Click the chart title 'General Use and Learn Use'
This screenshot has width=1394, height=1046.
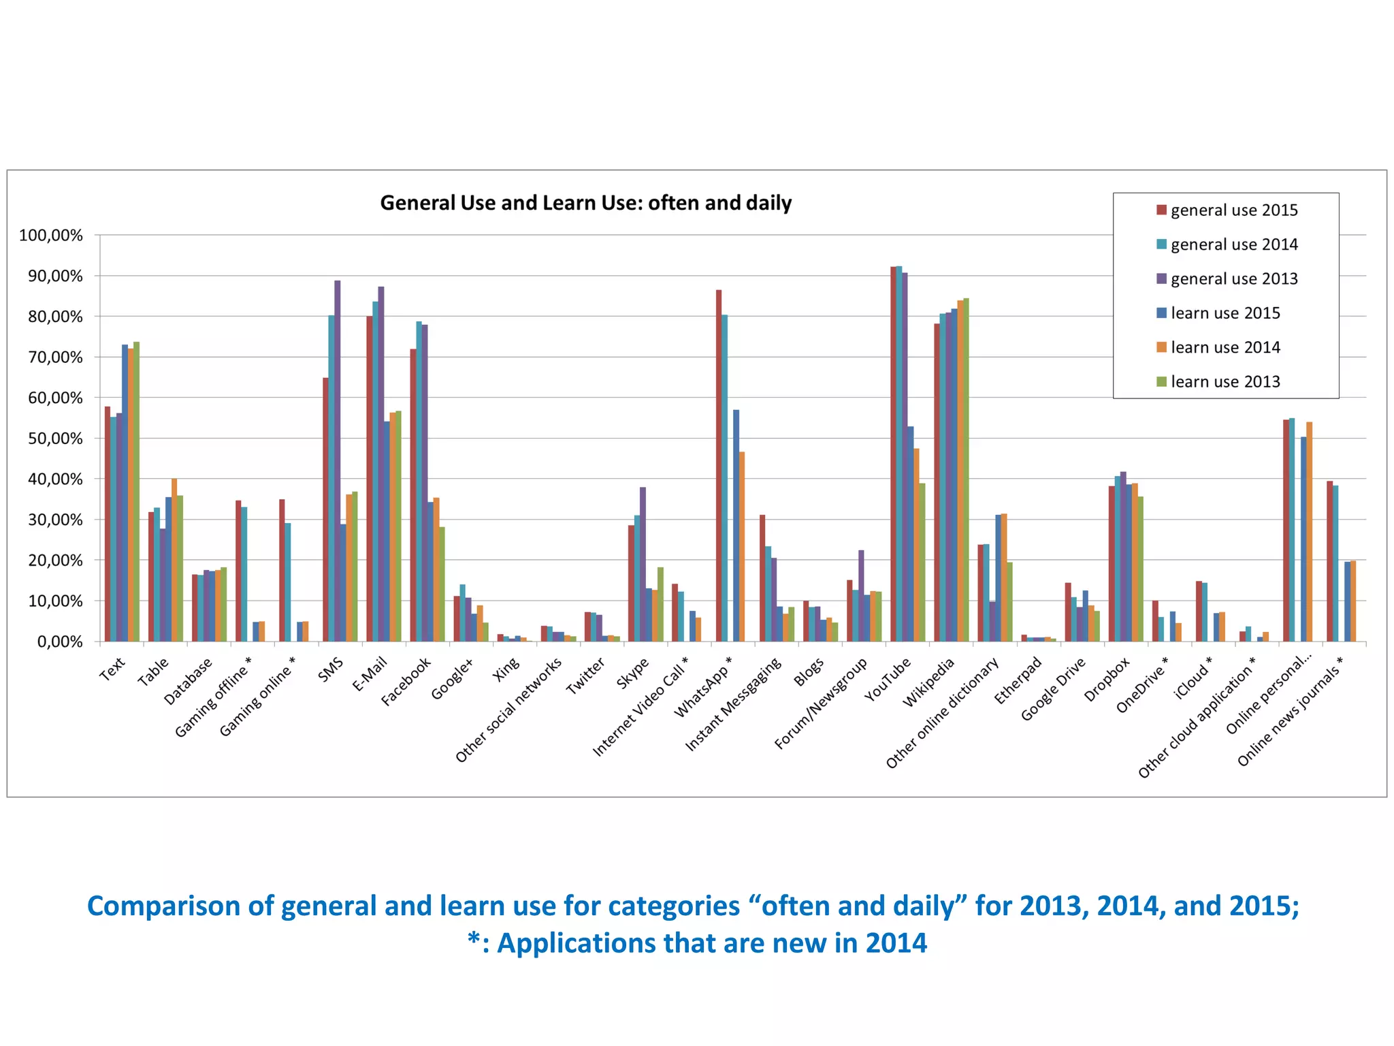click(x=585, y=203)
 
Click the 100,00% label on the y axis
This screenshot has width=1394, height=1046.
click(x=51, y=236)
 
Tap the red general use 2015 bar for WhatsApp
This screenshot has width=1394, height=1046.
click(x=719, y=466)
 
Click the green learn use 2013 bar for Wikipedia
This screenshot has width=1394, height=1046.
click(x=966, y=470)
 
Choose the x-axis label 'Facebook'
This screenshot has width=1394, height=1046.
click(x=406, y=682)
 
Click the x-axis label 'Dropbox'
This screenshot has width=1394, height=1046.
click(x=1107, y=680)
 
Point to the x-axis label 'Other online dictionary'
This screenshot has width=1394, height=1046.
click(x=943, y=713)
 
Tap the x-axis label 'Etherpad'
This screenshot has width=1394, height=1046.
click(x=1018, y=680)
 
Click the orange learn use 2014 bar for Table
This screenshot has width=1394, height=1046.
click(x=174, y=560)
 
